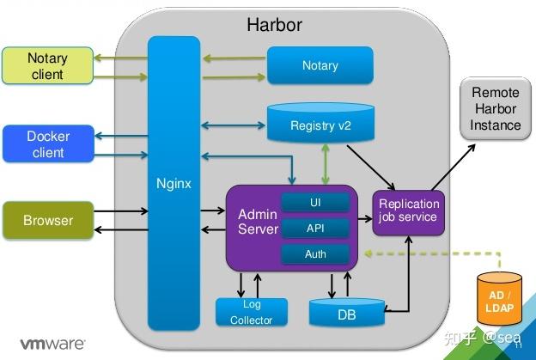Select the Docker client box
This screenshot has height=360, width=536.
point(48,144)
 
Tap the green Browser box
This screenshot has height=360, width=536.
point(48,220)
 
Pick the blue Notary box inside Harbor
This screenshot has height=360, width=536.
point(320,65)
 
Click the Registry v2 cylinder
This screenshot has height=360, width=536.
point(320,125)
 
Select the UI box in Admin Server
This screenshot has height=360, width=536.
point(315,203)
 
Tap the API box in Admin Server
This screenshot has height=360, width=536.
point(315,229)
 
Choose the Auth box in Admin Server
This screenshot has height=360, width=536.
point(315,254)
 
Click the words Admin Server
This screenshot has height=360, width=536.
point(258,222)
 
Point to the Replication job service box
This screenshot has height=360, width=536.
point(408,211)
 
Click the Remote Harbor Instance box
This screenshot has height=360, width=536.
point(496,108)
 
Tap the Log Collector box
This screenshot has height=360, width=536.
point(251,312)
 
